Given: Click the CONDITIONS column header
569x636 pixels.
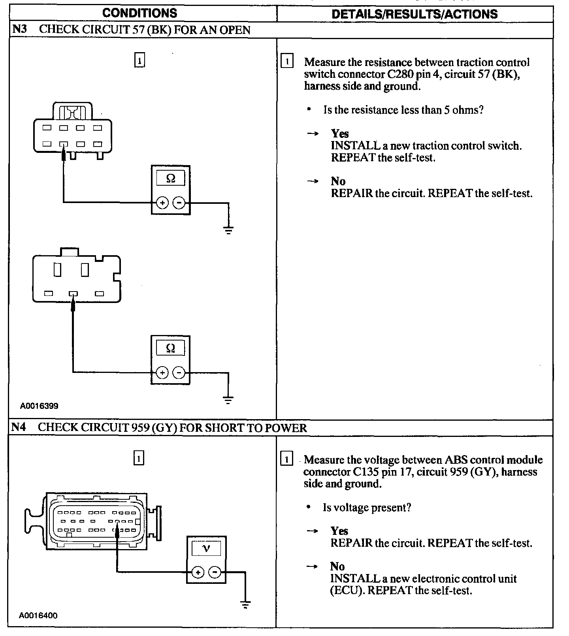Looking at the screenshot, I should click(x=140, y=13).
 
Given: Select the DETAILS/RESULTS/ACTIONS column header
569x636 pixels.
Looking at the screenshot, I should click(x=415, y=14).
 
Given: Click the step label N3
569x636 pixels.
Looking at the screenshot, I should click(x=19, y=30).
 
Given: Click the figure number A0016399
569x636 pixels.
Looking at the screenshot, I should click(x=40, y=406).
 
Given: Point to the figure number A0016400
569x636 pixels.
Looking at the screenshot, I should click(x=38, y=615).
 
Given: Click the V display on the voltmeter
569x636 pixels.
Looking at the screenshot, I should click(x=206, y=548).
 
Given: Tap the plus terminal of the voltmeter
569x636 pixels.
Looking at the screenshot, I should click(x=198, y=572).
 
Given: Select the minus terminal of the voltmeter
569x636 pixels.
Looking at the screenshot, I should click(x=215, y=572).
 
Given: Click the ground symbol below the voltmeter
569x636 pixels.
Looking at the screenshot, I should click(x=245, y=604).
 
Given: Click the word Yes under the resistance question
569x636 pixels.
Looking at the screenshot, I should click(x=340, y=134).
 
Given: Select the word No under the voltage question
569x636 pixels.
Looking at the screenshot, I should click(x=337, y=566).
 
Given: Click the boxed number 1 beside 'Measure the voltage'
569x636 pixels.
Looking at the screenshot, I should click(x=286, y=459).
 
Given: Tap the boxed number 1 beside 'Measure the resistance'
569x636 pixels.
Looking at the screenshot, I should click(x=287, y=62).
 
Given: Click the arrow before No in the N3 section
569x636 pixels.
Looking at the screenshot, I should click(x=313, y=181).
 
